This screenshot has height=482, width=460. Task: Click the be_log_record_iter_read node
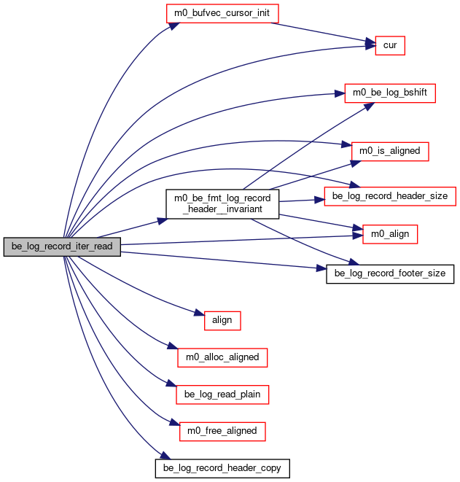62,246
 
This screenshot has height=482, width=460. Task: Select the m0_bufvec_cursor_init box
222,13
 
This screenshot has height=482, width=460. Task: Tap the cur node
390,45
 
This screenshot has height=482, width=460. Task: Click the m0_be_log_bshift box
390,93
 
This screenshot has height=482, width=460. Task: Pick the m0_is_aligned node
390,151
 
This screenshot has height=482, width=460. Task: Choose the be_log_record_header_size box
390,196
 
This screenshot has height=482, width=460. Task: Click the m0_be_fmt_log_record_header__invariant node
222,203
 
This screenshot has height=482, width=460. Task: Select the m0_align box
390,234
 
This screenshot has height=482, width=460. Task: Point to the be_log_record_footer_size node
390,274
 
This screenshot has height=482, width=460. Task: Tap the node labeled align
222,321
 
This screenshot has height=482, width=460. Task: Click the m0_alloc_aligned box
222,357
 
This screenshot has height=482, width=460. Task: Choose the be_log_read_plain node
222,394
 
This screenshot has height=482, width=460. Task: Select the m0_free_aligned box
222,431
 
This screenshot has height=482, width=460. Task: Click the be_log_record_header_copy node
222,468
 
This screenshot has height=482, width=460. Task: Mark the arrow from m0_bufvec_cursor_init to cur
323,33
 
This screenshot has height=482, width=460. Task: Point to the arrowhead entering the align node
200,313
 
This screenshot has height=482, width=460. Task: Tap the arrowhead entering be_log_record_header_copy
165,455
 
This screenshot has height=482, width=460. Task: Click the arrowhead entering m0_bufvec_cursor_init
174,26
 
